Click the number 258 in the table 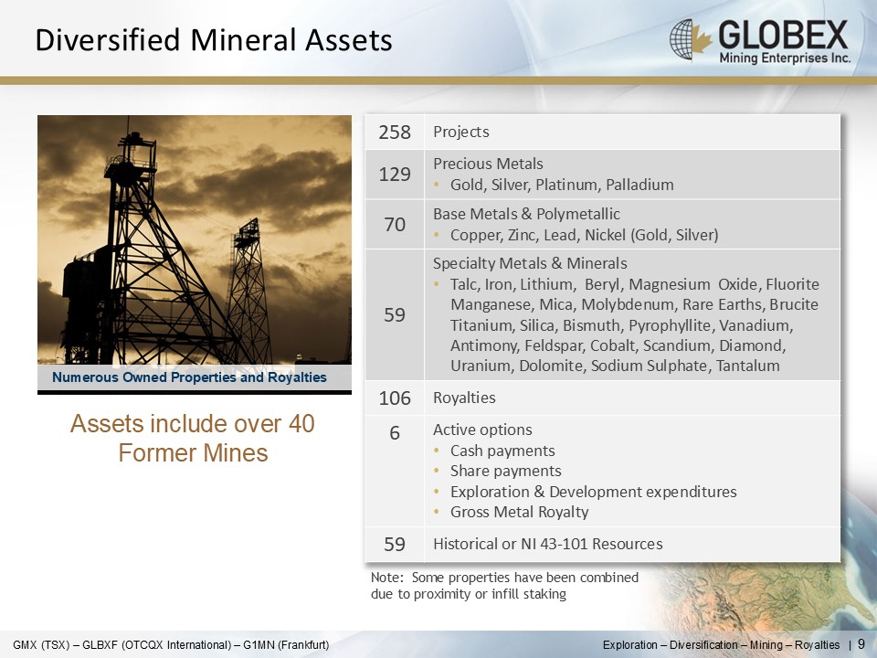pyautogui.click(x=395, y=132)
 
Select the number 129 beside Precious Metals pyautogui.click(x=395, y=174)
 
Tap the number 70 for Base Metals pyautogui.click(x=395, y=225)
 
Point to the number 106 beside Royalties pyautogui.click(x=395, y=398)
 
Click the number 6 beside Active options pyautogui.click(x=395, y=432)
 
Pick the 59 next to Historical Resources pyautogui.click(x=395, y=544)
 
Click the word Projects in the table pyautogui.click(x=460, y=132)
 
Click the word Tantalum pyautogui.click(x=748, y=366)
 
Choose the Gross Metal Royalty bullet pyautogui.click(x=519, y=512)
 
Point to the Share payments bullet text pyautogui.click(x=505, y=472)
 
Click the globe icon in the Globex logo pyautogui.click(x=682, y=39)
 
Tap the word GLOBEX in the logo pyautogui.click(x=783, y=35)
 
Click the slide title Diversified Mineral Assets pyautogui.click(x=214, y=40)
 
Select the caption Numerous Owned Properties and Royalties pyautogui.click(x=189, y=377)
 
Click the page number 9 pyautogui.click(x=861, y=643)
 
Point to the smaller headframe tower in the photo pyautogui.click(x=248, y=291)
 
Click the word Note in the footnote pyautogui.click(x=386, y=577)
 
